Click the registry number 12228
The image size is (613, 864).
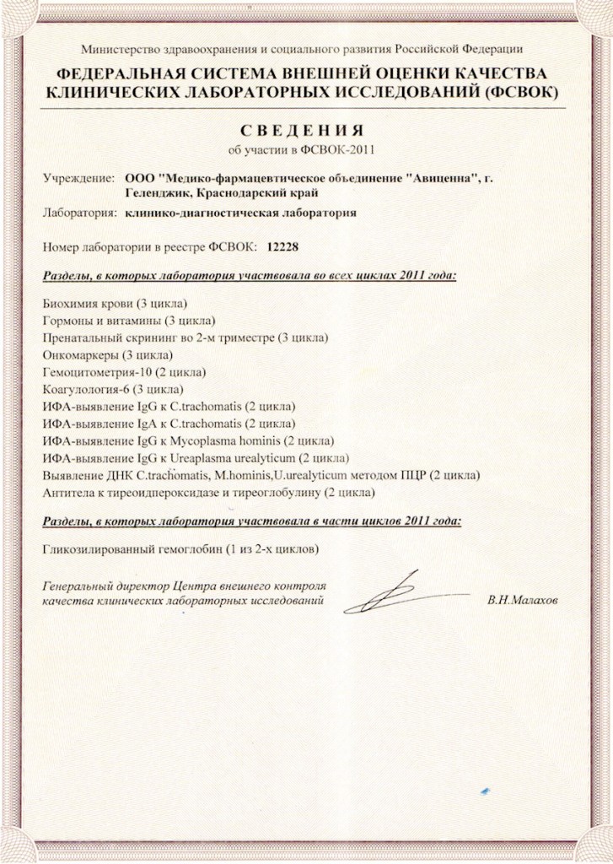282,248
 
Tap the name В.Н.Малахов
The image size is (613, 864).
523,601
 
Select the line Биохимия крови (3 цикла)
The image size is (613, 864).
114,303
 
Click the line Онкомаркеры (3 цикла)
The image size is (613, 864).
107,354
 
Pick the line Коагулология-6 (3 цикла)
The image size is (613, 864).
111,389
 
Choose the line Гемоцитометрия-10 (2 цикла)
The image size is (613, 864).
123,372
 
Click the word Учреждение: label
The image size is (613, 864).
78,178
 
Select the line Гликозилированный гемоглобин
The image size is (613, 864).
180,549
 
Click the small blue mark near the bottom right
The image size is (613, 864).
483,791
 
